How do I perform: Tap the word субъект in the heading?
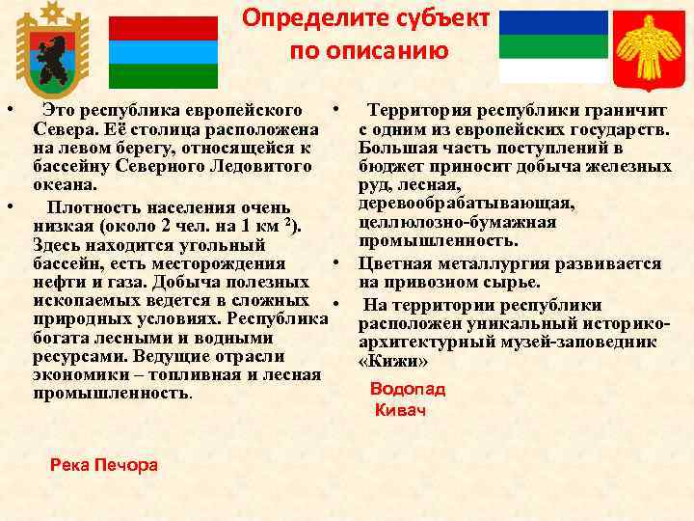coord(441,18)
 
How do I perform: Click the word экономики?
coord(78,375)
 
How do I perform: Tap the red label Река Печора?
coord(104,465)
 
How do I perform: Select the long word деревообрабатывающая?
coord(467,204)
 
